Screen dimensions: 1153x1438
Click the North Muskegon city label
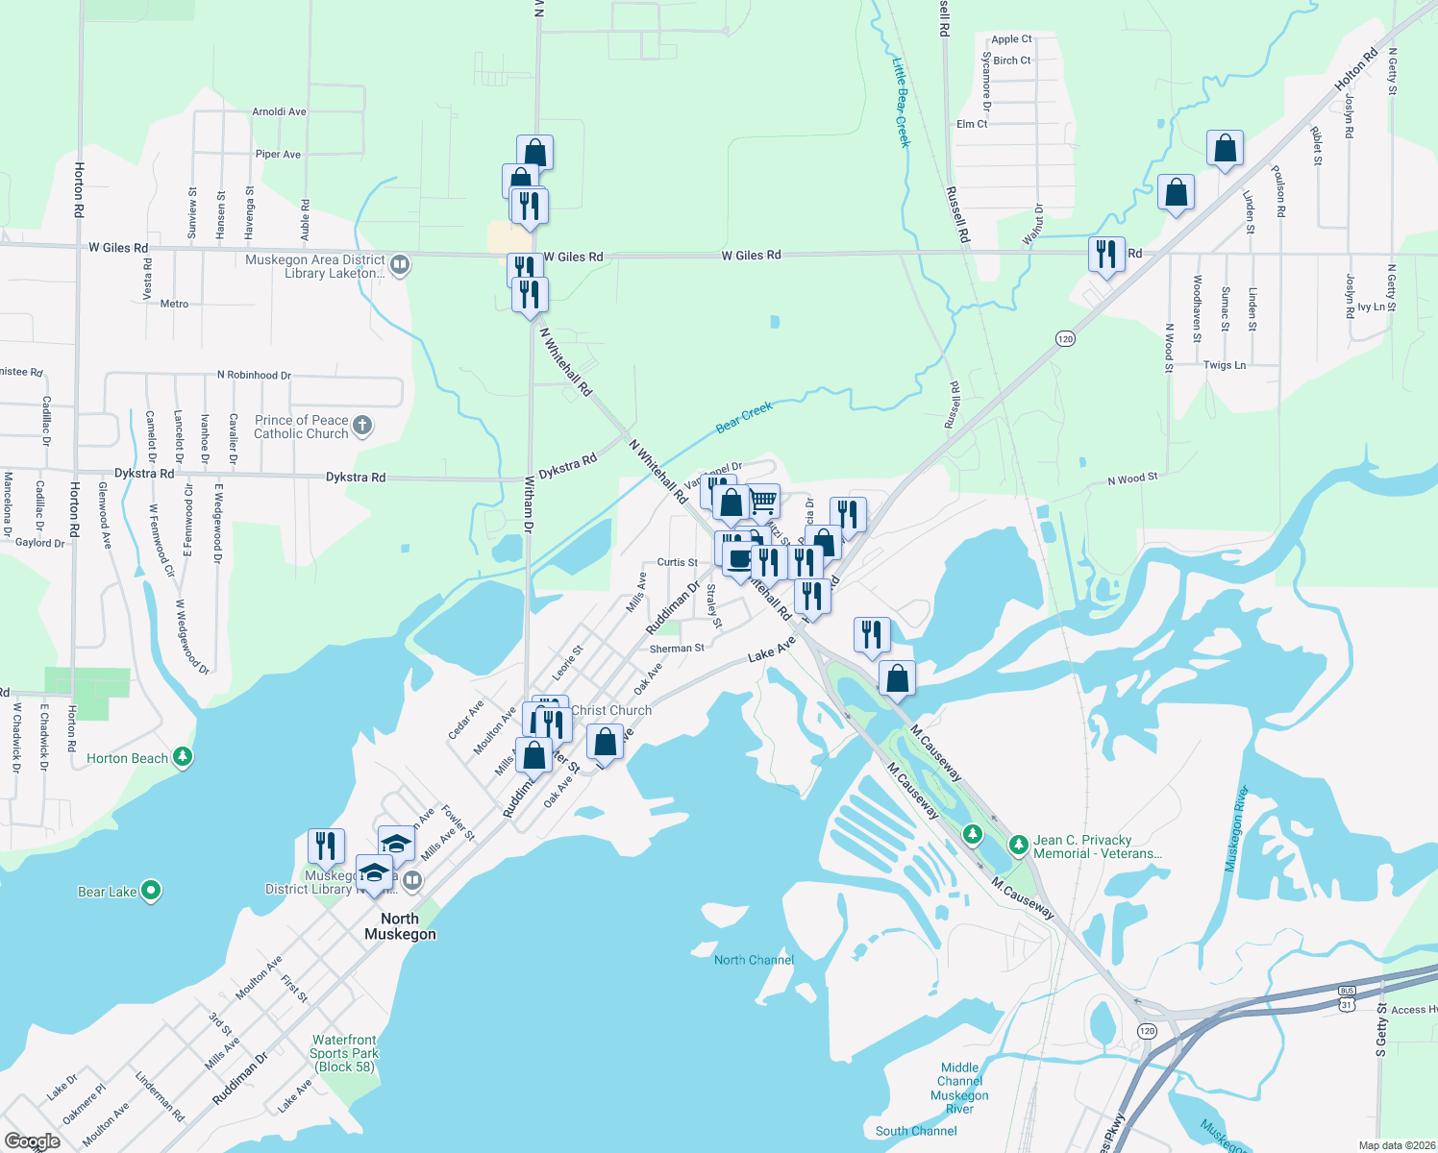tap(400, 926)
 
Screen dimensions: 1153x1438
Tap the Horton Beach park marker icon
tap(182, 757)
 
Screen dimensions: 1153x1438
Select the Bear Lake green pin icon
tap(151, 891)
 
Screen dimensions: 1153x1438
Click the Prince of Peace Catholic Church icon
tap(362, 425)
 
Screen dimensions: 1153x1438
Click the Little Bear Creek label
tap(901, 102)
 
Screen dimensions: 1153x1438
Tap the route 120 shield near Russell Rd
tap(1065, 338)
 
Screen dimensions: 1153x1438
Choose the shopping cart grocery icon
tap(763, 500)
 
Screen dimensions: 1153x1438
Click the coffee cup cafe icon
tap(739, 559)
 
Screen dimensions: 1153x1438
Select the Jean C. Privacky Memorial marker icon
tap(1018, 846)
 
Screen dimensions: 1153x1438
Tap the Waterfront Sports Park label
tap(344, 1053)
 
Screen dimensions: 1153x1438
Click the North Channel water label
tap(754, 960)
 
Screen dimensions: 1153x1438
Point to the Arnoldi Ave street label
tap(279, 111)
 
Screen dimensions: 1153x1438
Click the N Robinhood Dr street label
tap(254, 375)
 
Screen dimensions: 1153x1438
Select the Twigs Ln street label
tap(1225, 365)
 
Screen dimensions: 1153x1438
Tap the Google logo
tap(33, 1141)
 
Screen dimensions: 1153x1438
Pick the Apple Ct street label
tap(1011, 39)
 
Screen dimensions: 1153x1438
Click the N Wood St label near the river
tap(1132, 478)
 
